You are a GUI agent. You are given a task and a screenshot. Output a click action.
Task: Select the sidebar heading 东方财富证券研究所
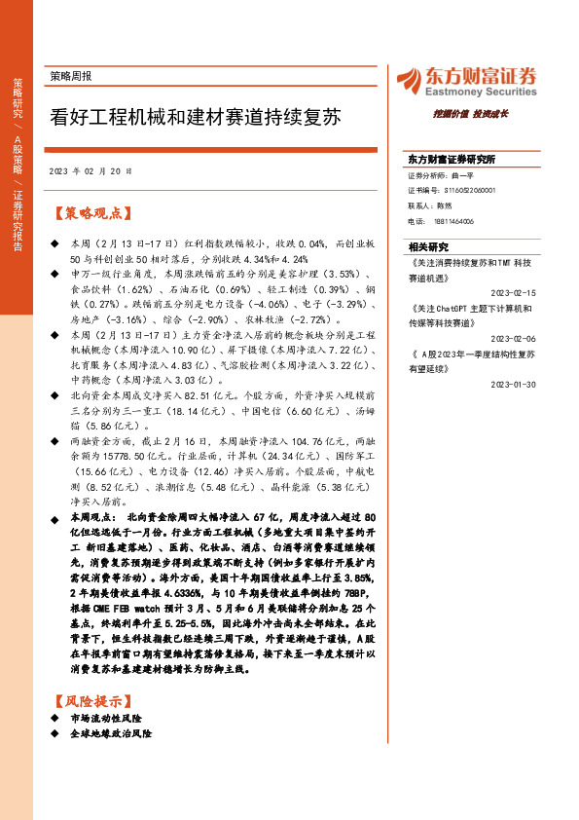(452, 159)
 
